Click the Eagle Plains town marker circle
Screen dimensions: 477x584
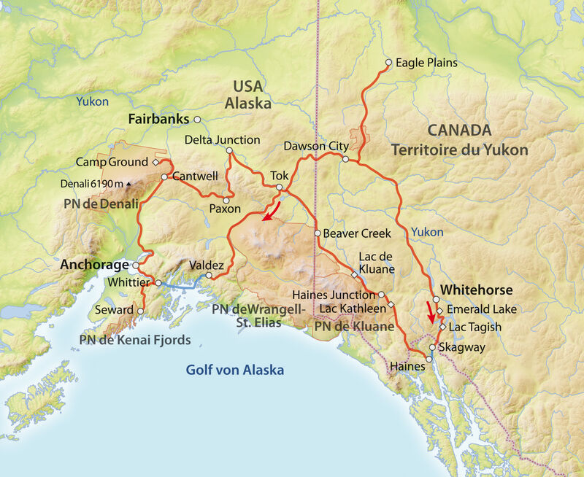(x=388, y=63)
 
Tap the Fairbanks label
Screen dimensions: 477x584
(x=158, y=118)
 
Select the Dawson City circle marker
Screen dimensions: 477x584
(x=345, y=158)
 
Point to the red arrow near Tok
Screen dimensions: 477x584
(x=271, y=213)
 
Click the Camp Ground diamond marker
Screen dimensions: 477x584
(x=155, y=162)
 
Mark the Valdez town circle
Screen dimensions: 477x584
(x=209, y=276)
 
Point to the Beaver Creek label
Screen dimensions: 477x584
(x=358, y=233)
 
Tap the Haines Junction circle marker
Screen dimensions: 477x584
(x=381, y=295)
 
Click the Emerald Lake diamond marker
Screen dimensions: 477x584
(x=440, y=310)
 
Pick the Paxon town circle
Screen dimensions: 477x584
(x=226, y=200)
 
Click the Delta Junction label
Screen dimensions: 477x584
(x=222, y=139)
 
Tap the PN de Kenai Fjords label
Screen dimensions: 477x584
(x=136, y=339)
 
